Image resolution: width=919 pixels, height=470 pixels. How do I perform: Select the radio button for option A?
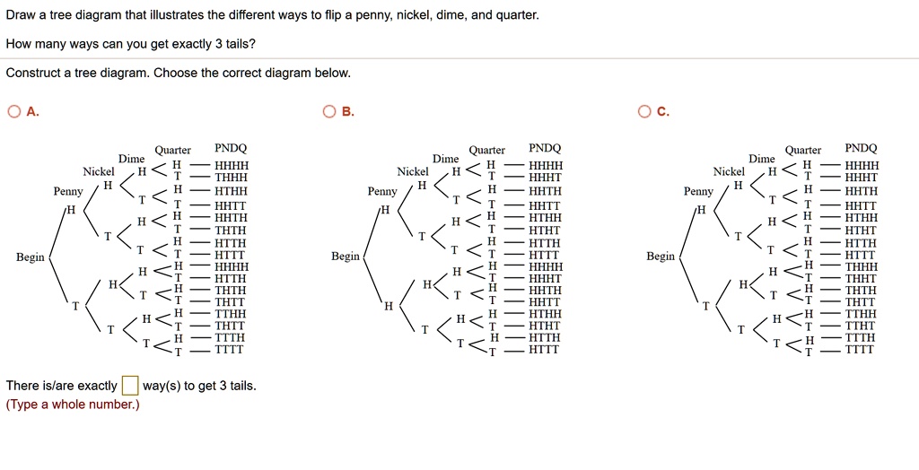[x=13, y=112]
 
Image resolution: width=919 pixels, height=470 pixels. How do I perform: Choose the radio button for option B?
[x=329, y=112]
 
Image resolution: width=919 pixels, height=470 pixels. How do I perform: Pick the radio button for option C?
[x=643, y=112]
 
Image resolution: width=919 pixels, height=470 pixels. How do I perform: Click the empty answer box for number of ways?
[x=130, y=387]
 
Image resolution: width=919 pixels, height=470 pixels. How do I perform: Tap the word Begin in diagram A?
[x=31, y=257]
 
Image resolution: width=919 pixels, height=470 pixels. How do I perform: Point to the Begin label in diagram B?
[x=346, y=257]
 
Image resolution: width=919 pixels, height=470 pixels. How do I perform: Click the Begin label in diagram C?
[x=661, y=257]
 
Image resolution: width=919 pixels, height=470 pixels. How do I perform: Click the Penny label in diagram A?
[x=68, y=191]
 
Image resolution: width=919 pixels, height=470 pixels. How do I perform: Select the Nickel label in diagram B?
[x=413, y=171]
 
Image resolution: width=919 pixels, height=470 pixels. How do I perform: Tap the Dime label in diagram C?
[x=762, y=159]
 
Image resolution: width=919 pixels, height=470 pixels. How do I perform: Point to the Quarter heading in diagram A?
[x=172, y=150]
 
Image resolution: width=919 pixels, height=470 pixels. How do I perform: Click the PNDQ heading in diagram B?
[x=545, y=148]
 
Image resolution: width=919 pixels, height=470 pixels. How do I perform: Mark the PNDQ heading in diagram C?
[x=861, y=148]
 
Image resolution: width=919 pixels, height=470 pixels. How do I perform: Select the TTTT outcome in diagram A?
[x=231, y=349]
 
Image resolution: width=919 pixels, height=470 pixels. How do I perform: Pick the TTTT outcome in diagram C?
[x=861, y=349]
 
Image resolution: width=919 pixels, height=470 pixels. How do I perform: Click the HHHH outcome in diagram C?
[x=862, y=166]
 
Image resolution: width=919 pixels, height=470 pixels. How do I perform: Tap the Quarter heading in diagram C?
[x=802, y=150]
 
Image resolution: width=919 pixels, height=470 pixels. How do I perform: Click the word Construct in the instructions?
[x=31, y=74]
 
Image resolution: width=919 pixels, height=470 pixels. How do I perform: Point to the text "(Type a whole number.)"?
[x=73, y=405]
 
